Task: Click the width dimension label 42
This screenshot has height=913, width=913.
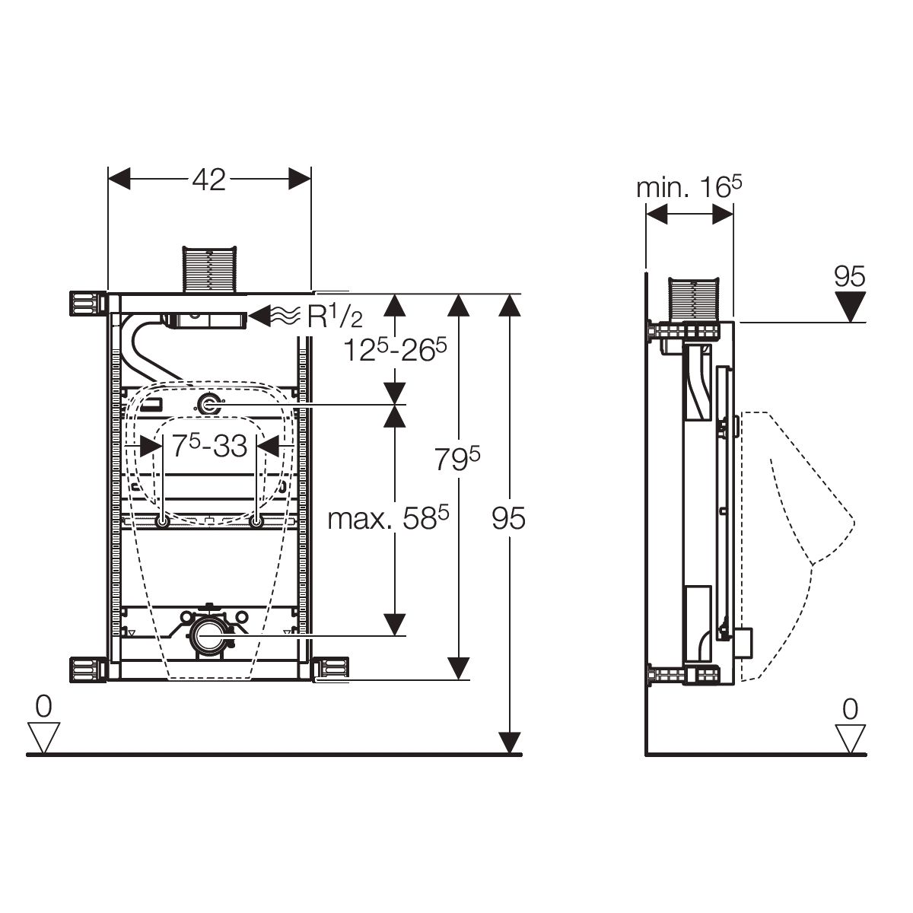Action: pos(208,180)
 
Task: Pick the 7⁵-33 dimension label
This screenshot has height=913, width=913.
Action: pos(209,447)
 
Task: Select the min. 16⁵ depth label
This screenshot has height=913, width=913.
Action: pos(689,187)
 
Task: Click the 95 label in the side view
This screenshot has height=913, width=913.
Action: pos(849,277)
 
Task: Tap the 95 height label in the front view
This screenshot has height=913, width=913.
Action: pos(508,520)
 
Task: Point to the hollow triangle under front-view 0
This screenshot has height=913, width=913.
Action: pos(43,737)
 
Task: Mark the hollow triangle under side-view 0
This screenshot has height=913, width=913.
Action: pos(850,737)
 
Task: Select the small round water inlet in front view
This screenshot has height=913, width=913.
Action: pos(209,406)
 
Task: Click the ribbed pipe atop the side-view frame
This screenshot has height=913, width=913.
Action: pos(695,298)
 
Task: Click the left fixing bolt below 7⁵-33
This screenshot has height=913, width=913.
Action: pos(163,521)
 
